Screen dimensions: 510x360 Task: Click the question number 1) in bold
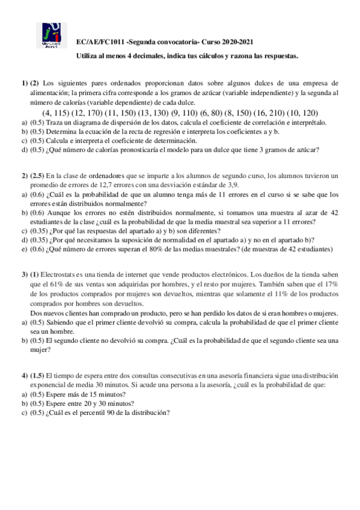(24, 82)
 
